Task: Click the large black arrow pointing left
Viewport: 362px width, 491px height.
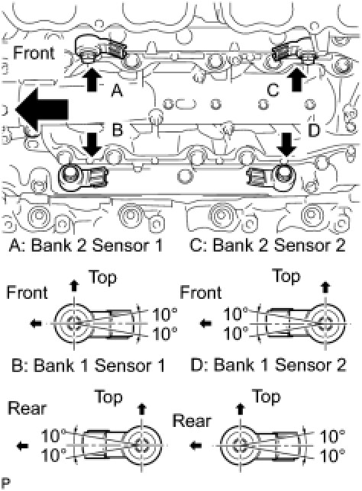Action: pyautogui.click(x=42, y=109)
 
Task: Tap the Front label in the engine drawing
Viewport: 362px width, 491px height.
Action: pyautogui.click(x=34, y=53)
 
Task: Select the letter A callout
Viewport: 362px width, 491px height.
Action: pyautogui.click(x=117, y=91)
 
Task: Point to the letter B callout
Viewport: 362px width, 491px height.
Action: pyautogui.click(x=117, y=130)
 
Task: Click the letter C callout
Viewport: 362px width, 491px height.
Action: pyautogui.click(x=273, y=90)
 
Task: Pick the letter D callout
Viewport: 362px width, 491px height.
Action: pyautogui.click(x=314, y=130)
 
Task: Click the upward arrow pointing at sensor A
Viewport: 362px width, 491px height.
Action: pyautogui.click(x=93, y=79)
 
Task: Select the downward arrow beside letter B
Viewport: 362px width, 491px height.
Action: pyautogui.click(x=92, y=144)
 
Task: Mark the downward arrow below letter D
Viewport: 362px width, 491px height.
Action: pyautogui.click(x=287, y=144)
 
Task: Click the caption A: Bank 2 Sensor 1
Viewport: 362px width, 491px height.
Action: pyautogui.click(x=86, y=245)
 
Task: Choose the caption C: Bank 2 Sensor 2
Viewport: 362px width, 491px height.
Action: pyautogui.click(x=267, y=245)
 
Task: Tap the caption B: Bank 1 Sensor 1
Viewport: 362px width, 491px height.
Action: pyautogui.click(x=88, y=365)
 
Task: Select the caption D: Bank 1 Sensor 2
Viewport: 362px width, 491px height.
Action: pyautogui.click(x=268, y=365)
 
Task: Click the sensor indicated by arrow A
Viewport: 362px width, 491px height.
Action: pyautogui.click(x=100, y=49)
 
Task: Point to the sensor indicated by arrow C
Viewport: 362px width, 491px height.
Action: pyautogui.click(x=294, y=51)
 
